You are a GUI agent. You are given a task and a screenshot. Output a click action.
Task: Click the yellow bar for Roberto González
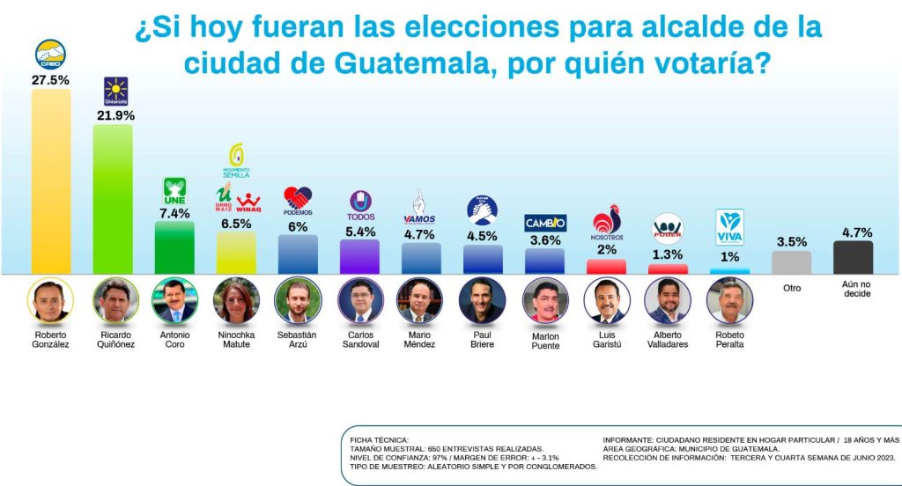click(51, 180)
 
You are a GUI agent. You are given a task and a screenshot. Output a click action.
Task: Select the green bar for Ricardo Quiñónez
click(113, 199)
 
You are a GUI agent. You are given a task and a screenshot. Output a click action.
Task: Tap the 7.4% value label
click(174, 214)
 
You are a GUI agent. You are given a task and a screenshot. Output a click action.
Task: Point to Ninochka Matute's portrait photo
click(236, 300)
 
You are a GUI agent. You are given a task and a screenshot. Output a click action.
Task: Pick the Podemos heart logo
click(298, 200)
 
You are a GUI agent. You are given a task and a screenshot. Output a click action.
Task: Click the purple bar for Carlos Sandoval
click(359, 256)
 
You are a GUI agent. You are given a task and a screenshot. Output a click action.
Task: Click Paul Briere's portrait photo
click(482, 300)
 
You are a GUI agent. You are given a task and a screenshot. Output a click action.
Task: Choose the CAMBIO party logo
click(545, 223)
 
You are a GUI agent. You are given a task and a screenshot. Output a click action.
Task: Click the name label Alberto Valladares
click(667, 340)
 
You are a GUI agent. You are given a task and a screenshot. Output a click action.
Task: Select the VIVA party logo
click(729, 225)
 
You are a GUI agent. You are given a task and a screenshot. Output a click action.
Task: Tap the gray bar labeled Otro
click(791, 262)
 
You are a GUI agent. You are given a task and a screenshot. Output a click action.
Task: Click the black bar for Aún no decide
click(854, 257)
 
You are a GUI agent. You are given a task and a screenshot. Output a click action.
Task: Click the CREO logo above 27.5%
click(51, 55)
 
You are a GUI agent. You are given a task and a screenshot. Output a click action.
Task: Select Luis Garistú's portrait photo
click(606, 300)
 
